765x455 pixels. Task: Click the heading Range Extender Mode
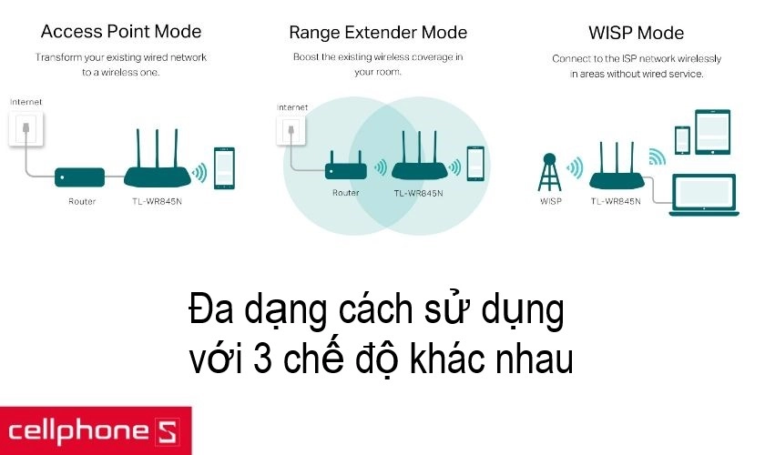[378, 32]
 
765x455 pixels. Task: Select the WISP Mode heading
[636, 33]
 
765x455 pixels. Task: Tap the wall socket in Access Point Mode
[25, 130]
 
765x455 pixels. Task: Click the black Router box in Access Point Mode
[80, 177]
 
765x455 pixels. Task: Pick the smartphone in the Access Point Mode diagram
[224, 167]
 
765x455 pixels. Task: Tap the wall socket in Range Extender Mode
[292, 128]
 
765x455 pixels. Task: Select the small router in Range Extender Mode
[346, 168]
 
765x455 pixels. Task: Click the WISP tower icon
[550, 169]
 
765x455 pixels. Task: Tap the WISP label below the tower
[551, 200]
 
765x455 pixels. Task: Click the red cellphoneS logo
[96, 427]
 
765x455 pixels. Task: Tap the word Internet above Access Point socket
[25, 102]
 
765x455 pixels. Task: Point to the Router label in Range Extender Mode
[345, 193]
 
